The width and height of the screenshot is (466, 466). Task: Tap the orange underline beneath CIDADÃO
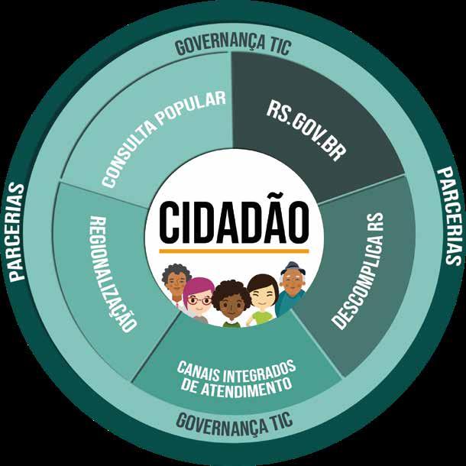[234, 250]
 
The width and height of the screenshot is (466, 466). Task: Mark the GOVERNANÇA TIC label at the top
[232, 44]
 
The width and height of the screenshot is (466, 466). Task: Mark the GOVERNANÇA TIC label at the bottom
[232, 419]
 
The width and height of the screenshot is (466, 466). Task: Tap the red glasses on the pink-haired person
[200, 300]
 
